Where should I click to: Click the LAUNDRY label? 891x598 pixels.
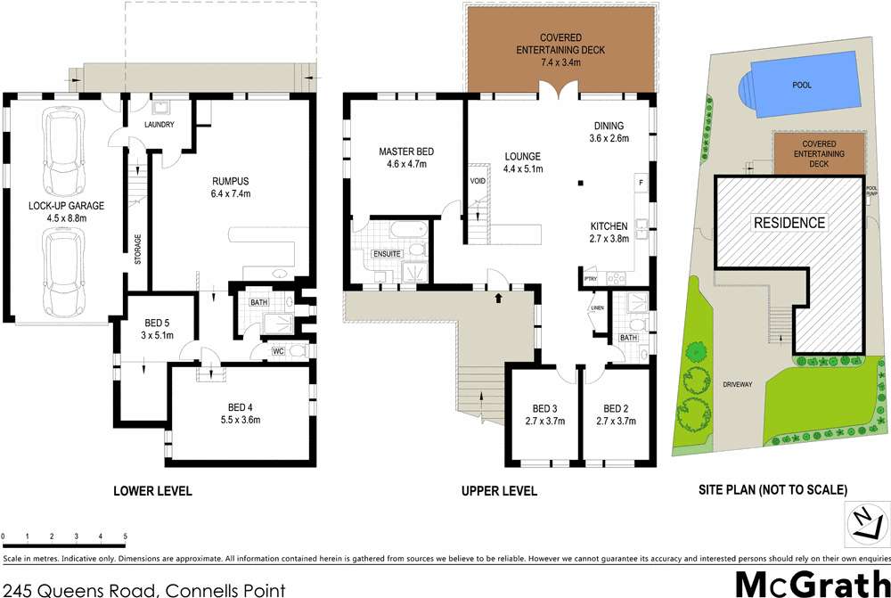pyautogui.click(x=159, y=125)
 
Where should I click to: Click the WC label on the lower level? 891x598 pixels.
pyautogui.click(x=278, y=351)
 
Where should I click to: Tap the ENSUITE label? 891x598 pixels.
pyautogui.click(x=387, y=254)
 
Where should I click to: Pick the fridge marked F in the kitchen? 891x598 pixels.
pyautogui.click(x=641, y=183)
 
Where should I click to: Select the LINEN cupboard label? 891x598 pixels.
pyautogui.click(x=597, y=309)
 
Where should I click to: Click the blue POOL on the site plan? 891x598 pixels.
pyautogui.click(x=802, y=86)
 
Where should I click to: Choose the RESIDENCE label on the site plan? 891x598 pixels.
pyautogui.click(x=789, y=222)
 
